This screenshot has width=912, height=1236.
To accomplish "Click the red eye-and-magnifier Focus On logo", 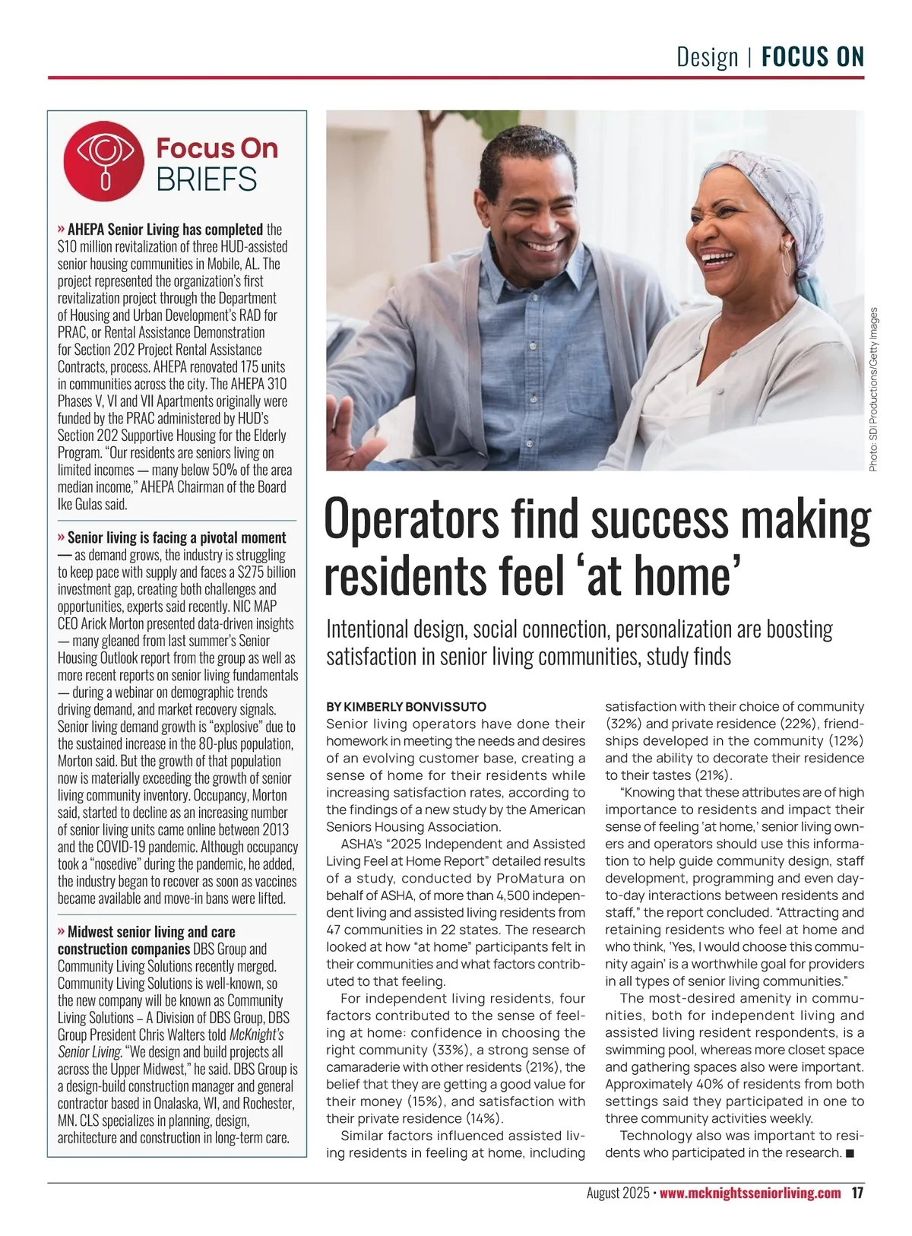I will click(x=104, y=162).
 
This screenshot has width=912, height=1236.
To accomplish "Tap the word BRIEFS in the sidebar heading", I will click(x=207, y=179).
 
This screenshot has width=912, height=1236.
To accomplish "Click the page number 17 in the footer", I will click(x=857, y=1193).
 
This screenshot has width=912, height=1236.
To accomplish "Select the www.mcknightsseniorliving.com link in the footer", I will click(x=750, y=1193).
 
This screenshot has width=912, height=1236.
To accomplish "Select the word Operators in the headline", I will click(x=411, y=521).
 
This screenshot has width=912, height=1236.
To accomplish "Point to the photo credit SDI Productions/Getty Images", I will click(x=874, y=389).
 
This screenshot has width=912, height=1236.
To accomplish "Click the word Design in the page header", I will click(x=707, y=57).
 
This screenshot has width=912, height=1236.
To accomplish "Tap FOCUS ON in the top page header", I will click(x=812, y=57).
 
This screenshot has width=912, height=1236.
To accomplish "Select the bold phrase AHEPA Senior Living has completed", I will click(x=165, y=229).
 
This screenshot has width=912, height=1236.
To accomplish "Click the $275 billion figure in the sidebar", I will click(x=267, y=572).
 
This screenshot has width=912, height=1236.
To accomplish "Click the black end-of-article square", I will click(x=850, y=1154).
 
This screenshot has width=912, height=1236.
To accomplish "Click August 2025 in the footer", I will click(x=617, y=1193).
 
